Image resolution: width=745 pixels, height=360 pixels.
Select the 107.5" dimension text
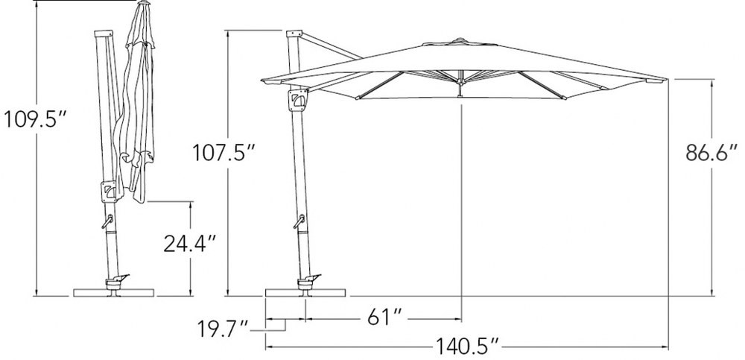click(223, 153)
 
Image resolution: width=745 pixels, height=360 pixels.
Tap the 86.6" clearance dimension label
click(712, 152)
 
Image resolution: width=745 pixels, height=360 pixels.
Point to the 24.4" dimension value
click(189, 244)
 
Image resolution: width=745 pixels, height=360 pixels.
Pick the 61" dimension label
click(385, 318)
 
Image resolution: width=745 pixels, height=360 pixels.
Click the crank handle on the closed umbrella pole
click(107, 221)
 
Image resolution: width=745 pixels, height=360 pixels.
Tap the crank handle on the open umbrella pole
click(299, 221)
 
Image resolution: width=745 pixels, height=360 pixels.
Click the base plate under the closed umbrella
click(113, 292)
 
